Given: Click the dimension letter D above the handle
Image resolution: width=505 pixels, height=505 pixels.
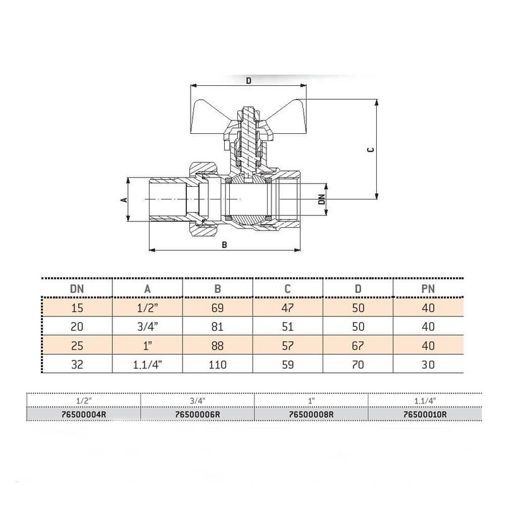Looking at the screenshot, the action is [248, 81].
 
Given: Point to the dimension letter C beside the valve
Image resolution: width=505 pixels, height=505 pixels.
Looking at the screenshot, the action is [371, 150].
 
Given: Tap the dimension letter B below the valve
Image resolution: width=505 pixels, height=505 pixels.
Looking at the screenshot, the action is [225, 245].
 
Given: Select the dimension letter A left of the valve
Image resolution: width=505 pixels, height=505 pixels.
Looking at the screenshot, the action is [124, 200].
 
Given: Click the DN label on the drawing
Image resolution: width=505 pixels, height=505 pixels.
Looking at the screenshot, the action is [321, 199].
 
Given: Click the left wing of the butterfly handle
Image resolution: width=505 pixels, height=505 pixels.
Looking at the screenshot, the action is [208, 117].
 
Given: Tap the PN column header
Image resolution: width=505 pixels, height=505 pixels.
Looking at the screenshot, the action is [428, 289].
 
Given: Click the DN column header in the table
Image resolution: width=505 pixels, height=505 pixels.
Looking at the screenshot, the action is [76, 289].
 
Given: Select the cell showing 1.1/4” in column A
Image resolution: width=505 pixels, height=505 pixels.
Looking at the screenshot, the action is [147, 365].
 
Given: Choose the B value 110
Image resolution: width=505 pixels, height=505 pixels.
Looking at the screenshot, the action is [217, 365].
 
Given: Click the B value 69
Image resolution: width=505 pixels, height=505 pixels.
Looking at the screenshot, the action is [217, 308].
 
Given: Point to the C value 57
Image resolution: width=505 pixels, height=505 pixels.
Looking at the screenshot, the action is [288, 345].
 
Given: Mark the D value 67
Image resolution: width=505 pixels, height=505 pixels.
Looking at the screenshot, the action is [358, 345].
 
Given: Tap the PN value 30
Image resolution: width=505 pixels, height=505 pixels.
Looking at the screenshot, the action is [428, 365].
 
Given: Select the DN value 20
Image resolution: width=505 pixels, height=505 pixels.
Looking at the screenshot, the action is [76, 326].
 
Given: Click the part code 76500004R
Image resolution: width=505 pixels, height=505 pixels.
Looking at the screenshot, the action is [83, 414].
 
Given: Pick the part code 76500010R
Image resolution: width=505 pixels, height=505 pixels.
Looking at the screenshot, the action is [425, 414].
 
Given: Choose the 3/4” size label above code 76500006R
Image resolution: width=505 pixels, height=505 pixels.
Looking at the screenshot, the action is [198, 401].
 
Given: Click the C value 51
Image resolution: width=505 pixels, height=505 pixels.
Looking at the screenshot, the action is [288, 326].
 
